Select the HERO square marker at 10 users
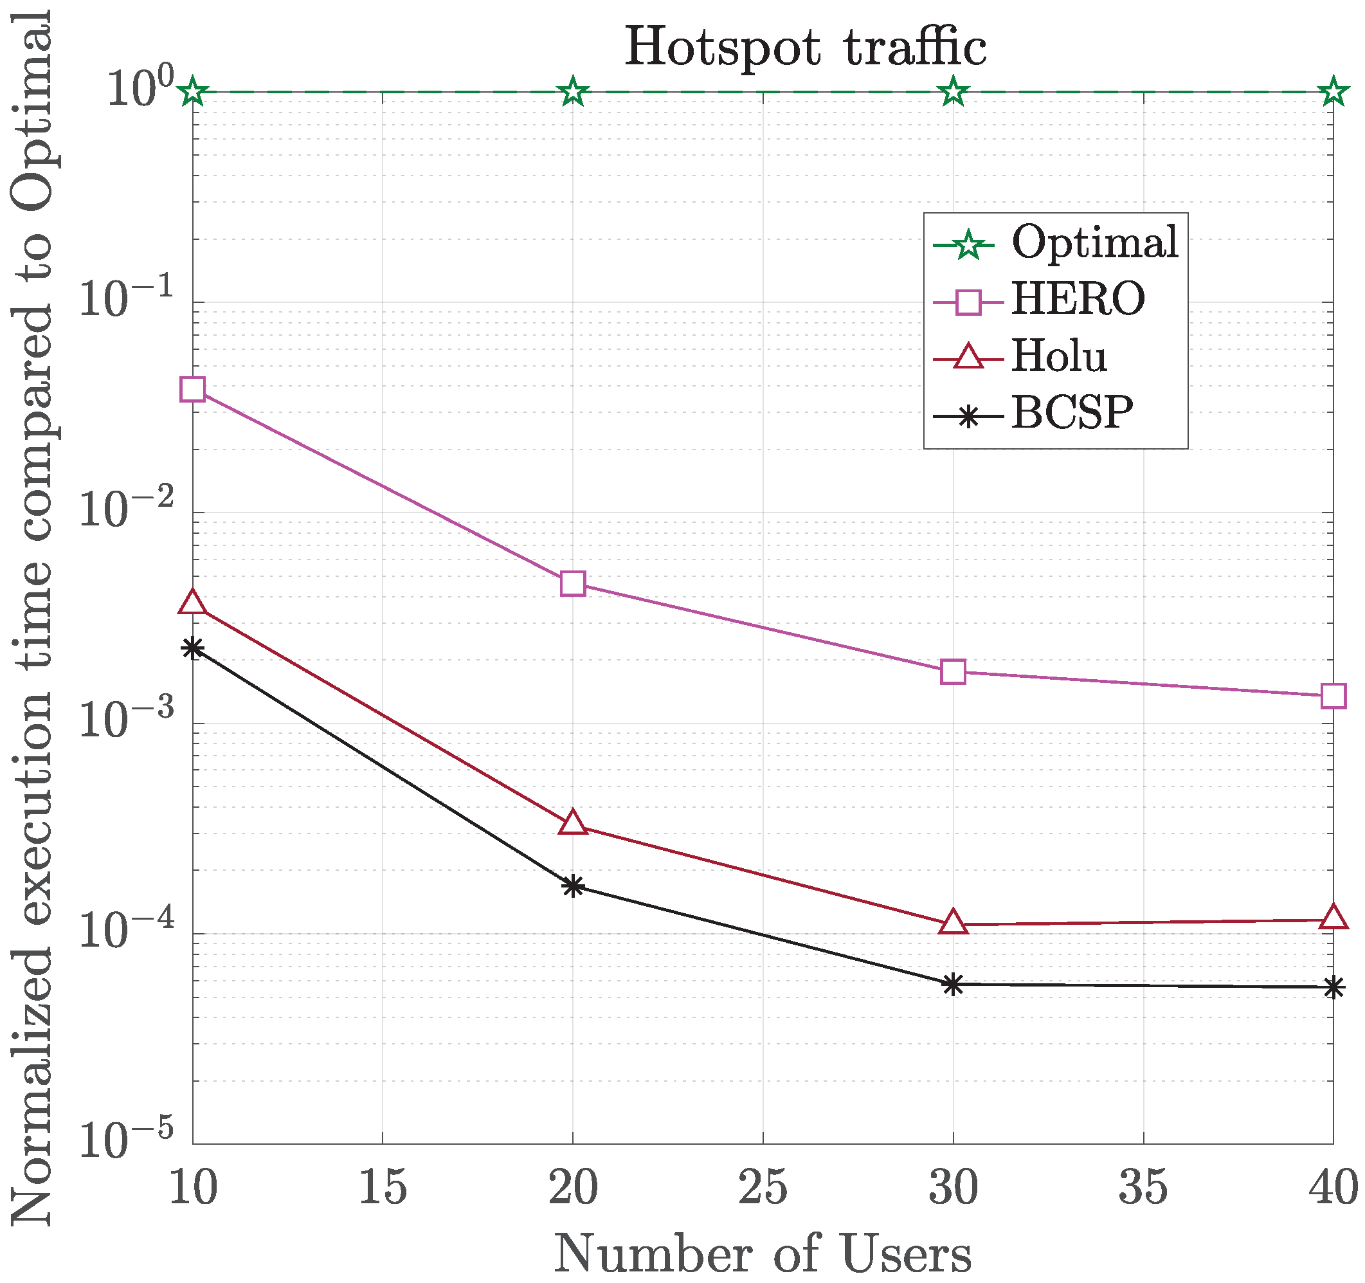(193, 390)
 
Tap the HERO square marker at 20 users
(573, 583)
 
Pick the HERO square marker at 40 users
(1333, 696)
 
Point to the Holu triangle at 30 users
(953, 923)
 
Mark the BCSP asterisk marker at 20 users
(573, 886)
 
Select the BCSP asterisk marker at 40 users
(1333, 988)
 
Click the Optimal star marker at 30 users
(953, 92)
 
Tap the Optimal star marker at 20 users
(573, 92)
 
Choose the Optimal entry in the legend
(1094, 243)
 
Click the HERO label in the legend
(1078, 300)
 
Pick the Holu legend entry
(1059, 356)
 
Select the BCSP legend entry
(1071, 414)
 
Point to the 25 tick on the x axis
(763, 1188)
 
